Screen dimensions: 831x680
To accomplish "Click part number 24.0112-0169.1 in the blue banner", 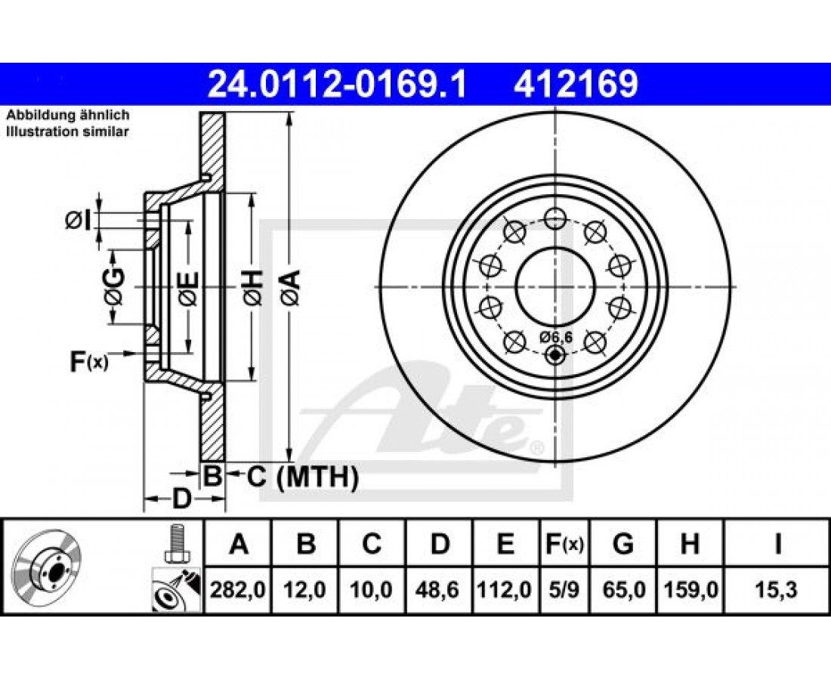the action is coord(337,84).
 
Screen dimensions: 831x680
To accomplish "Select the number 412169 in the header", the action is coord(576,84).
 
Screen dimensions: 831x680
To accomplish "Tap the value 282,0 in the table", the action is coord(237,589).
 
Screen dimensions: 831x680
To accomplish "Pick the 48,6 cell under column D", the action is coord(439,589).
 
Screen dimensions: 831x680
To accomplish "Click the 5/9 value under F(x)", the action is coord(564,589).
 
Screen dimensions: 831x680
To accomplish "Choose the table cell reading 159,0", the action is coord(690,589).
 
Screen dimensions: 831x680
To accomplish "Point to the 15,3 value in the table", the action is coord(777,589).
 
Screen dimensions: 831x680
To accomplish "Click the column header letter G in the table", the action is coord(623,544).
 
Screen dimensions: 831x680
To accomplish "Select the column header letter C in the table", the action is coord(372,544).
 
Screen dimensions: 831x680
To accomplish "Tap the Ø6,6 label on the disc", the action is coord(556,336).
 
